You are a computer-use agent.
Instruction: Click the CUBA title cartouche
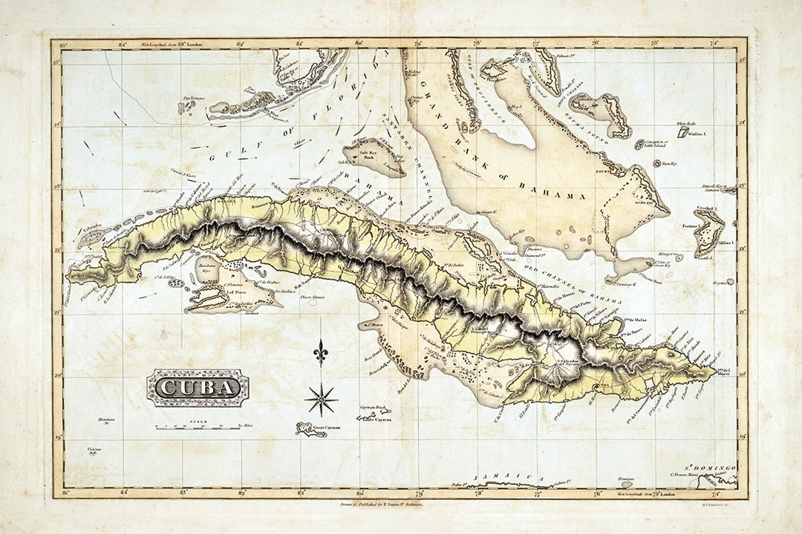coord(198,388)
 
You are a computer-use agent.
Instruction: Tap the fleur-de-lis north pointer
coord(320,352)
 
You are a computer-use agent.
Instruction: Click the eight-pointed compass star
coord(321,400)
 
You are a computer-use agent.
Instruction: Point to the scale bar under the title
coord(199,427)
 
